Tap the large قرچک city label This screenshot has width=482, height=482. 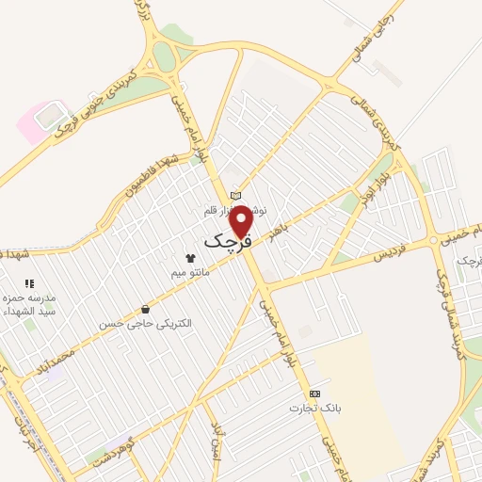(228, 241)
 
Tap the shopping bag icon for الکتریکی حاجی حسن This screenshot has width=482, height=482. (145, 309)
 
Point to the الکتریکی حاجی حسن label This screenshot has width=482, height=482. (146, 324)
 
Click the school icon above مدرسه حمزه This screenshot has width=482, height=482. (29, 282)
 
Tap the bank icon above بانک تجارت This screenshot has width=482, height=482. (314, 393)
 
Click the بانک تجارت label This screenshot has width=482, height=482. (315, 408)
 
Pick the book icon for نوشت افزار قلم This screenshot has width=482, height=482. (235, 195)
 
